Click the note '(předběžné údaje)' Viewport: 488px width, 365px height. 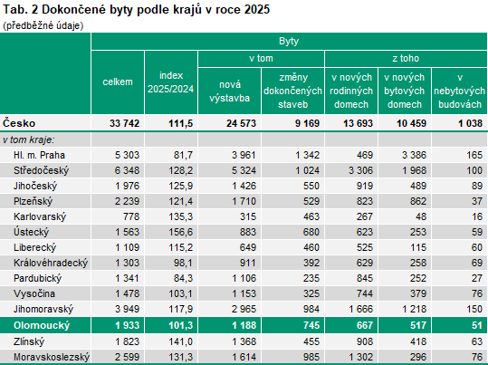(43, 24)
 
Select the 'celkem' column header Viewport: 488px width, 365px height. (117, 82)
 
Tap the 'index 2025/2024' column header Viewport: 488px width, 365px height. (170, 82)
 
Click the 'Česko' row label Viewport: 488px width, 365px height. (20, 123)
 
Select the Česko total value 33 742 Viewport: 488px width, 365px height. (121, 123)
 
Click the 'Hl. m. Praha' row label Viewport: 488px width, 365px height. (38, 156)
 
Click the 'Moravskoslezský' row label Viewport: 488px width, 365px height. (52, 358)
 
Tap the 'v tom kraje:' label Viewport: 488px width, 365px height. (28, 139)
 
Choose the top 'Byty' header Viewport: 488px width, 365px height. (290, 42)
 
